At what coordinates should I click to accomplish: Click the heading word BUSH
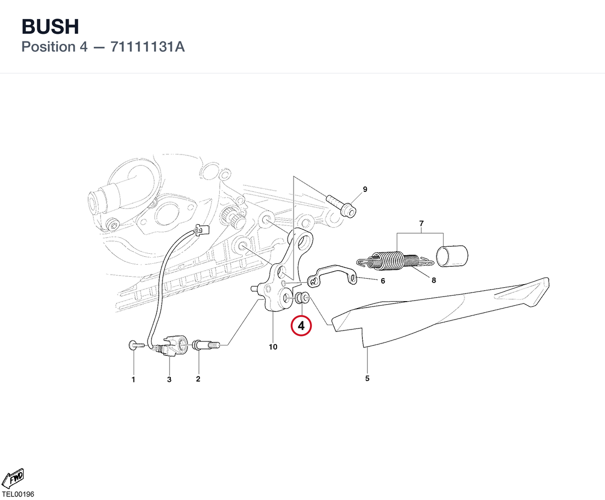click(x=50, y=26)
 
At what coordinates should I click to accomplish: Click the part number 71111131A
click(x=148, y=47)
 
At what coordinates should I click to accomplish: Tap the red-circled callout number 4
click(x=301, y=326)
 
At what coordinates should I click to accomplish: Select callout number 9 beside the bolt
click(x=365, y=189)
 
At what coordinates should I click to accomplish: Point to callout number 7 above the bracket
click(x=421, y=223)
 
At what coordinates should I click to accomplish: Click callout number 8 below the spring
click(x=434, y=280)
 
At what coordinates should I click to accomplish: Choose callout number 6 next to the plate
click(x=383, y=281)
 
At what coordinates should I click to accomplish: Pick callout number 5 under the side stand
click(x=367, y=378)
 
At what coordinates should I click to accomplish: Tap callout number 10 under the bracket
click(x=273, y=346)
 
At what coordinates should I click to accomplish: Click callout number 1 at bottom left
click(x=133, y=379)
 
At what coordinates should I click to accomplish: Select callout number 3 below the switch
click(x=169, y=379)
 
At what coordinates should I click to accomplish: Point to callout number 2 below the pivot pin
click(x=198, y=379)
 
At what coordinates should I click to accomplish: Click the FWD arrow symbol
click(x=13, y=478)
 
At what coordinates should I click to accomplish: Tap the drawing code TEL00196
click(x=18, y=494)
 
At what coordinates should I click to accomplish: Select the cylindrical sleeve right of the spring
click(x=452, y=256)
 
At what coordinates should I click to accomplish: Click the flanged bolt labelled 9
click(x=341, y=206)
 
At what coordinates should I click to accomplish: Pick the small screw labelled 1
click(x=136, y=345)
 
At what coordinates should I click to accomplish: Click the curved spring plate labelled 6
click(x=332, y=276)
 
